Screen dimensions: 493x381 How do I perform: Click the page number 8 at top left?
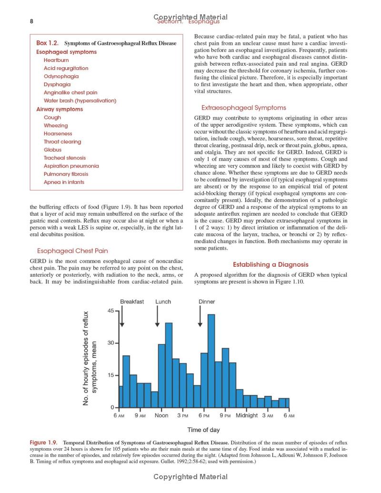pos(31,21)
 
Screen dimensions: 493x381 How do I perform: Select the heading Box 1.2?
pos(49,43)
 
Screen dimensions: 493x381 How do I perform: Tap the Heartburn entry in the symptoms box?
pos(56,60)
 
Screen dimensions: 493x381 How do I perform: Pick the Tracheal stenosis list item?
pos(65,158)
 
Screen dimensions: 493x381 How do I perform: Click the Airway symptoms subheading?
pos(60,109)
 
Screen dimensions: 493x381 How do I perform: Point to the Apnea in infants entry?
pos(64,182)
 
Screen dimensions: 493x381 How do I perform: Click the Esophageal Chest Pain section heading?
pos(72,251)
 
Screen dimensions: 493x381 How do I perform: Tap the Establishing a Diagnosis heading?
pos(271,264)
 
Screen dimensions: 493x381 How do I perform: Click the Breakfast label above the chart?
pos(132,302)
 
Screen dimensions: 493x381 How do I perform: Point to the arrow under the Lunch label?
pos(158,316)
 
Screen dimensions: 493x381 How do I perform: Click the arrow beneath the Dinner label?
pos(200,316)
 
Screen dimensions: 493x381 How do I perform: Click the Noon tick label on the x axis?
pos(161,415)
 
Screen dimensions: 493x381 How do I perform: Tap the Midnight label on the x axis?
pos(247,415)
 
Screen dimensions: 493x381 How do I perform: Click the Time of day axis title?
pos(203,430)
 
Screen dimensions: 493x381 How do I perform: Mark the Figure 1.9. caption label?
pos(46,443)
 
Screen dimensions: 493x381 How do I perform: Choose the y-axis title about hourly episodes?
pos(90,358)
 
